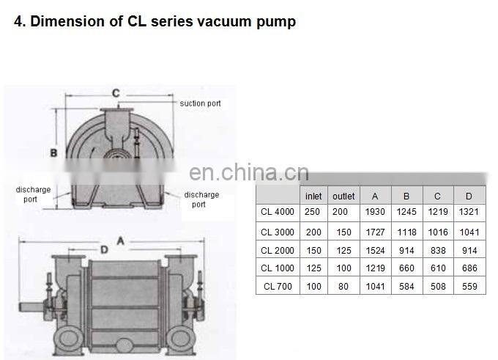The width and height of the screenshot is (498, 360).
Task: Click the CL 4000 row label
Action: (x=278, y=213)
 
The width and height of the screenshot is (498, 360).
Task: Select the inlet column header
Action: (x=313, y=196)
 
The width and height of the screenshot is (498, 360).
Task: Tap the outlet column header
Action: (x=343, y=196)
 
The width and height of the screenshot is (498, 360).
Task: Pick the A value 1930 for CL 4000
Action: (x=375, y=213)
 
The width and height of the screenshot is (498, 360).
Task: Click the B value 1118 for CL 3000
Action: (x=406, y=232)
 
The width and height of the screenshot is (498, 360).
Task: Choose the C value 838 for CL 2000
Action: (x=438, y=250)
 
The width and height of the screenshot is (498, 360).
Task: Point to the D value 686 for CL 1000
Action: (x=469, y=268)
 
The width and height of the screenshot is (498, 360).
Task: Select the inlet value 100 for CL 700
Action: (x=313, y=287)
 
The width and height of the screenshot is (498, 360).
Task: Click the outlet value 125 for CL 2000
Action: (x=343, y=250)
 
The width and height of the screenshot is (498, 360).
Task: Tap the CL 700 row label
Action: (x=278, y=287)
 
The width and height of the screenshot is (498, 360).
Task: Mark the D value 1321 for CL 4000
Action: (x=469, y=213)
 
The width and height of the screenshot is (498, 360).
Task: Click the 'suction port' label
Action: (x=200, y=104)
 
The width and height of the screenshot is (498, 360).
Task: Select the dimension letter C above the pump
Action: (x=115, y=93)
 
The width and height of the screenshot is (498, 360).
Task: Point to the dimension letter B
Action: (x=53, y=153)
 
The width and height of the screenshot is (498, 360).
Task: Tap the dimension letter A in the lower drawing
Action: (x=120, y=240)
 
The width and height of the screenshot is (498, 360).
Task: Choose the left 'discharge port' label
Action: (x=33, y=194)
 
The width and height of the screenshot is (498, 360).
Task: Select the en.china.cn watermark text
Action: (x=248, y=173)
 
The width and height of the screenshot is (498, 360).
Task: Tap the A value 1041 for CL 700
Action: (x=375, y=287)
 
